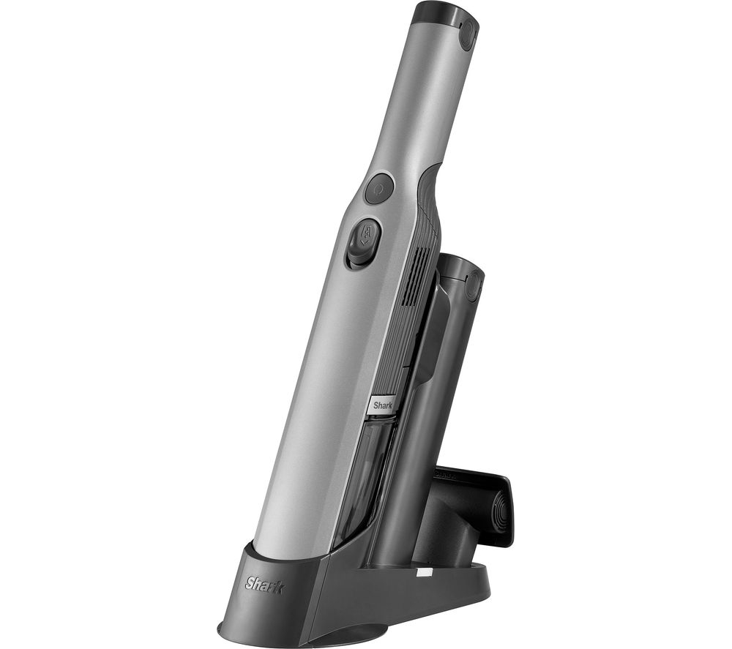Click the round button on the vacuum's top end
[467, 34]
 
